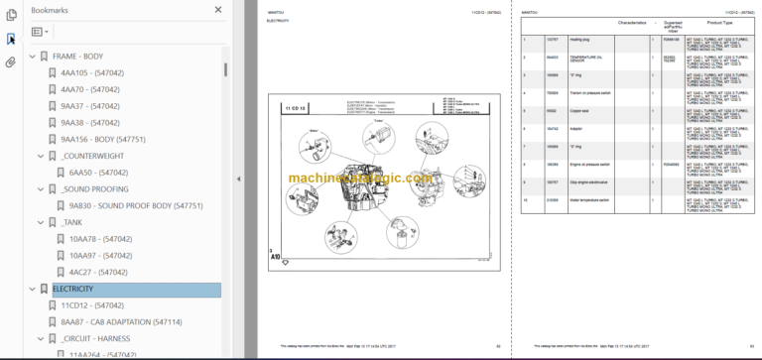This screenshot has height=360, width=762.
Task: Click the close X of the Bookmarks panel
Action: tap(218, 9)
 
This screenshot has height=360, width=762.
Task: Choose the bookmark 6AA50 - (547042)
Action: tap(98, 173)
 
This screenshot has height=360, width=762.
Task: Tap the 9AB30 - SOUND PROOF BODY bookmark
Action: tap(135, 206)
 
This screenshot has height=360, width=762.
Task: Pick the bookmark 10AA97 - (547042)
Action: tap(98, 256)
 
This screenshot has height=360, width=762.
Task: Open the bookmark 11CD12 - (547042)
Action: tap(92, 306)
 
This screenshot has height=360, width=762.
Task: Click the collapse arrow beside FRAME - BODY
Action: tap(30, 57)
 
